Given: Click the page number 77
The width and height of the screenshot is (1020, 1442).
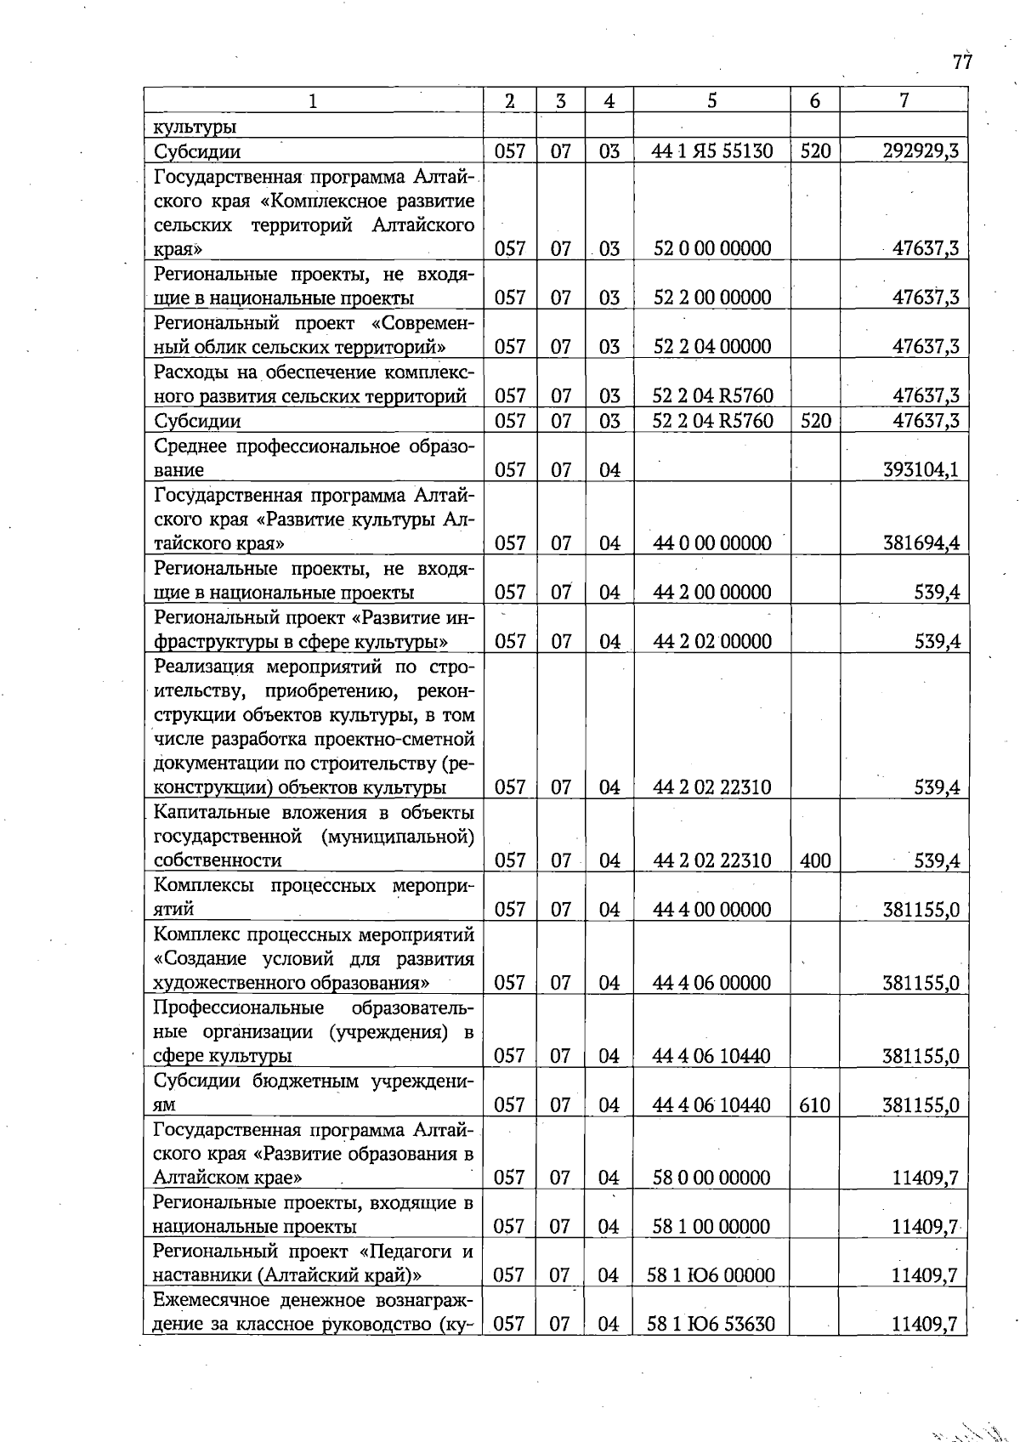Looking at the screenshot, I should tap(961, 62).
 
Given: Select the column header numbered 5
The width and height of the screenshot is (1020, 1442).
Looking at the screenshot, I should tap(711, 100).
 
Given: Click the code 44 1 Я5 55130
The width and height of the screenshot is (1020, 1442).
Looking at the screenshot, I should tap(711, 151).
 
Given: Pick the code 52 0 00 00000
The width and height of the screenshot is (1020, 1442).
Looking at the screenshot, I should tap(711, 248).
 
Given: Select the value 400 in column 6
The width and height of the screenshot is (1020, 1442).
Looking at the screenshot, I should tap(814, 860).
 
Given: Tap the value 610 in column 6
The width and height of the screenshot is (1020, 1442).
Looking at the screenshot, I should tap(814, 1104).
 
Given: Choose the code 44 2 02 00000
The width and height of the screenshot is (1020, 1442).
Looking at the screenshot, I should tap(711, 641).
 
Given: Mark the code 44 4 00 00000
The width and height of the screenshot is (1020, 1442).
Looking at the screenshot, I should tap(711, 909).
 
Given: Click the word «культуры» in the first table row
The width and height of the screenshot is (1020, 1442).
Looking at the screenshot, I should tap(195, 128).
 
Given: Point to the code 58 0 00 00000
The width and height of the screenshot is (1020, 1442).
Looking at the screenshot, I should tap(711, 1178).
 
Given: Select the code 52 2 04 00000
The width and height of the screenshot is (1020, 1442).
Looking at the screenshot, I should tap(711, 346).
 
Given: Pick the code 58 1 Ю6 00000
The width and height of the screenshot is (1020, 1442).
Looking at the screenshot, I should tap(711, 1275).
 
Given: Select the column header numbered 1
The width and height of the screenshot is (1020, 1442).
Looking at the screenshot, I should tap(313, 101).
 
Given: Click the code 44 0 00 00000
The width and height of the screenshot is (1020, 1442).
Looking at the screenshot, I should tap(711, 542).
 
